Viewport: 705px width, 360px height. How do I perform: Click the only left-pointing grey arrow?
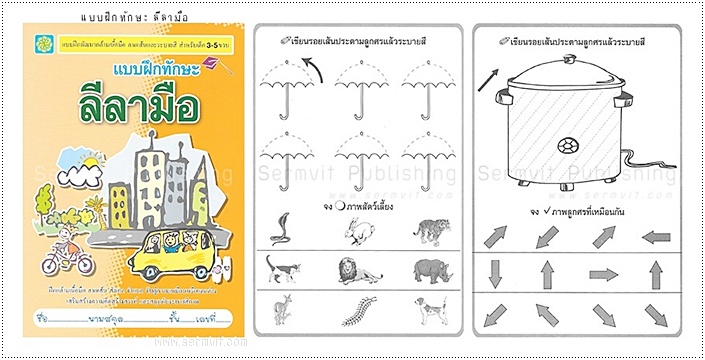click(655, 238)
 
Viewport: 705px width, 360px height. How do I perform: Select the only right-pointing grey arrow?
click(603, 274)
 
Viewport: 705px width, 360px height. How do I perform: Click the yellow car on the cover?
click(172, 255)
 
